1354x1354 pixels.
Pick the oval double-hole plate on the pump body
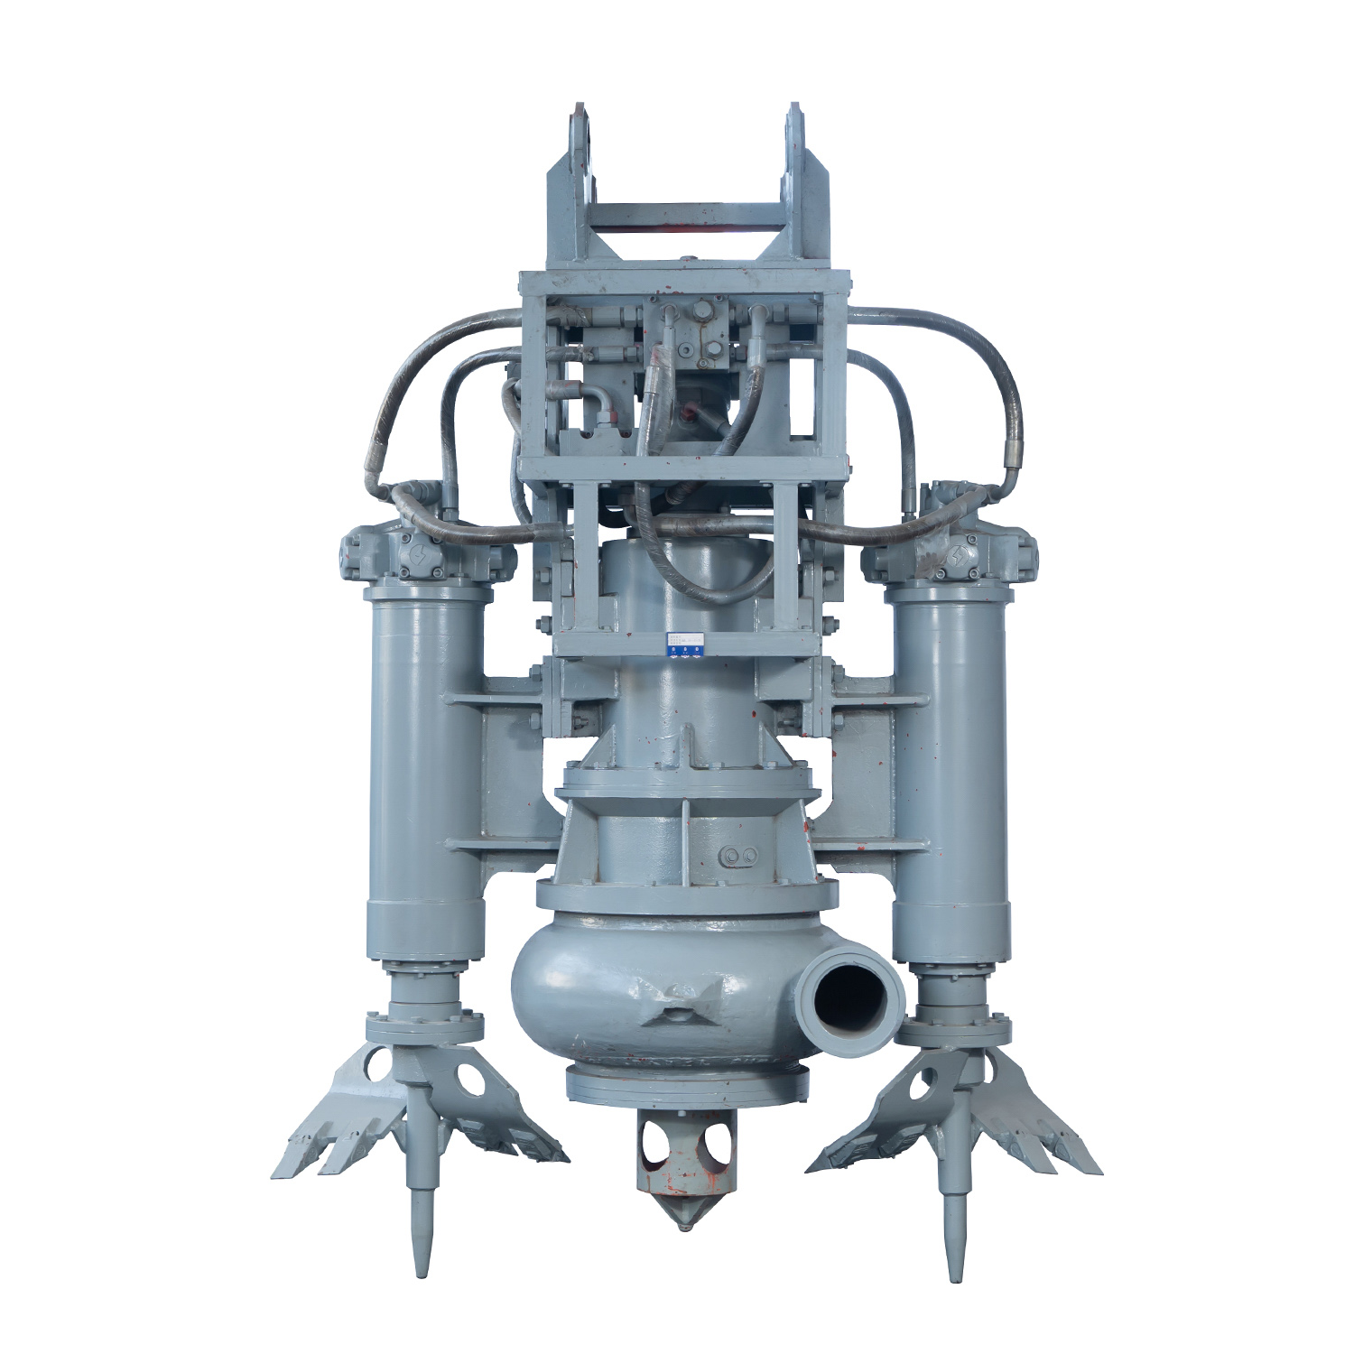point(739,855)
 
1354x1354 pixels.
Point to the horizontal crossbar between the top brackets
point(686,217)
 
